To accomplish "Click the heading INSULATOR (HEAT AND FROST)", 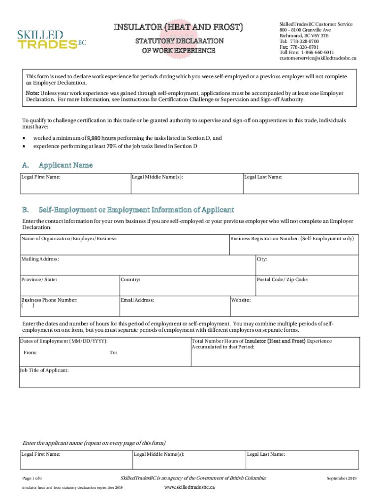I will point(179,27).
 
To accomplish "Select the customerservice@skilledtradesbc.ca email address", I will point(318,58).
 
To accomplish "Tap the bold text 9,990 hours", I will point(101,138).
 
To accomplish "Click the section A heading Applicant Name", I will point(65,165).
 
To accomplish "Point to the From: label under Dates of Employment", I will point(30,352).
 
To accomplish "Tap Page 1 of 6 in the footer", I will point(32,478).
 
